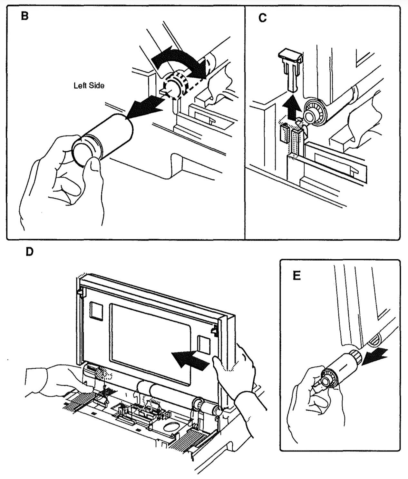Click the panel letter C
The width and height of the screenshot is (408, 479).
click(263, 18)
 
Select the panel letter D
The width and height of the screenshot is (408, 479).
click(29, 252)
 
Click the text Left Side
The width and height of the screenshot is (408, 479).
click(89, 86)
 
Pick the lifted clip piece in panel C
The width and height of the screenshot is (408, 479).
click(291, 70)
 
